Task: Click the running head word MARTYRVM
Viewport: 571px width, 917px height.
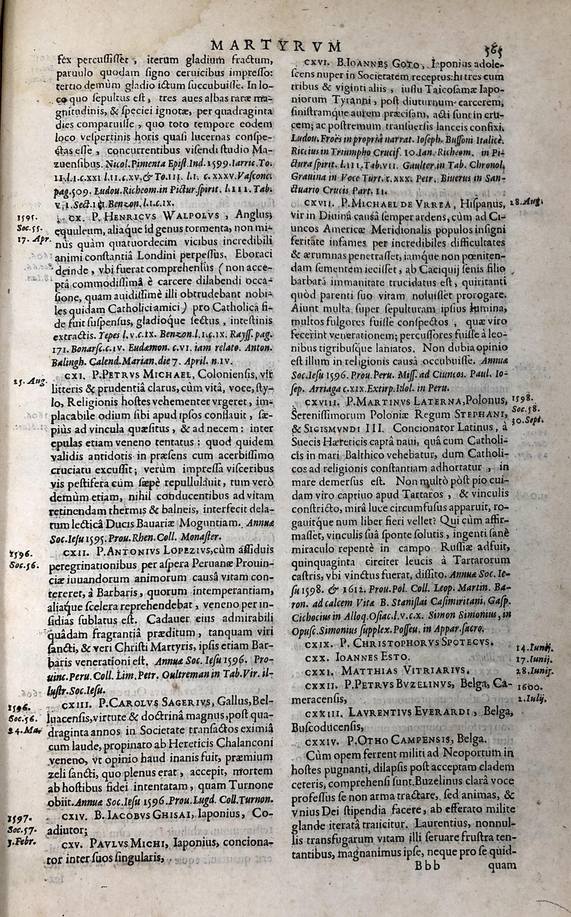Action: click(x=276, y=45)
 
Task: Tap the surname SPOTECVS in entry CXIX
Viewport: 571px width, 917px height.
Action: click(x=459, y=642)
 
